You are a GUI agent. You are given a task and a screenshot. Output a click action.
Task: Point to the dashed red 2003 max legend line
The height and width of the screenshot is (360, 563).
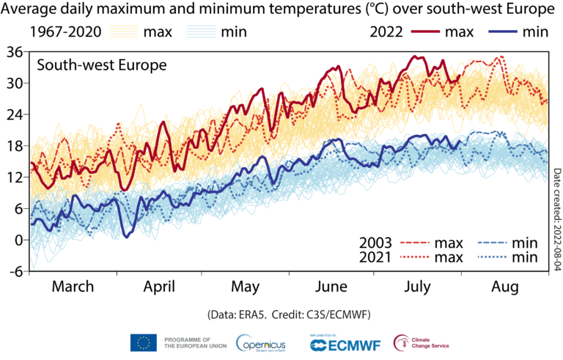pyautogui.click(x=416, y=243)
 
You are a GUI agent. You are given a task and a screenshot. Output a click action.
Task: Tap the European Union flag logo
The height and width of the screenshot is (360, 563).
pyautogui.click(x=144, y=342)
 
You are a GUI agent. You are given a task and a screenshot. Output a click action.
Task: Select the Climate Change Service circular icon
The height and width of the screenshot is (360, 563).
pyautogui.click(x=402, y=342)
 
